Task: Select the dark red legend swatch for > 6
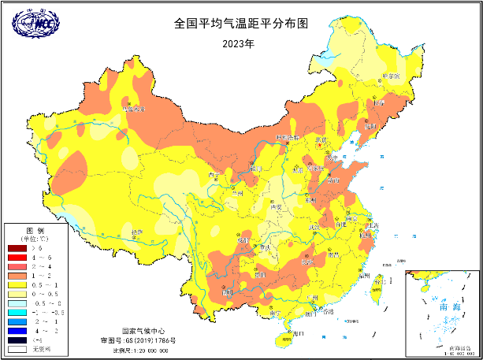pos(17,249)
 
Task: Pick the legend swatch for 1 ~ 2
pos(17,276)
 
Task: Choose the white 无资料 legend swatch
pos(17,348)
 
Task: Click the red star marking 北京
pos(319,145)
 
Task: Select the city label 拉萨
pos(138,232)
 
